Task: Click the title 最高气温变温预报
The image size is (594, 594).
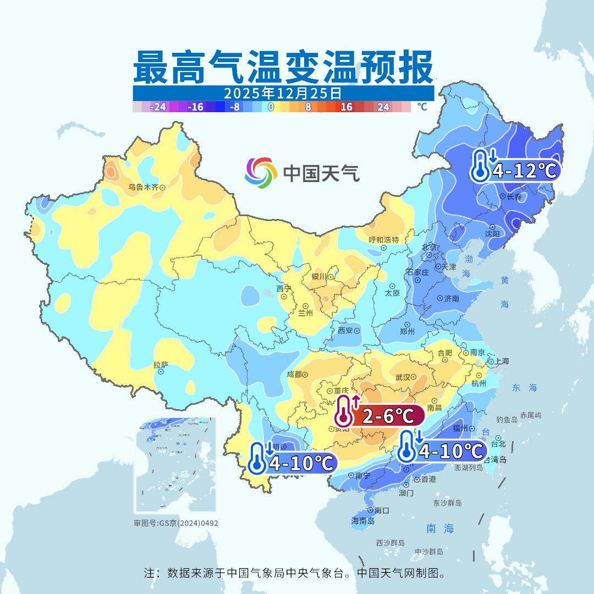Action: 283,68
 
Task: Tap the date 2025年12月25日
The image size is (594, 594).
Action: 283,93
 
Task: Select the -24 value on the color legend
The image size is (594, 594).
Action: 158,107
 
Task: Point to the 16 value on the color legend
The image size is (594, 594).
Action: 346,107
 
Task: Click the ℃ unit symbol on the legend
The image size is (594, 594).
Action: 421,107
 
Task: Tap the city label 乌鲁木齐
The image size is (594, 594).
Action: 143,188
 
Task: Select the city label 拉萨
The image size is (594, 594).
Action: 161,365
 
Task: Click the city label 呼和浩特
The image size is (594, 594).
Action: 384,240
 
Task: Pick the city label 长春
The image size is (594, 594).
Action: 514,196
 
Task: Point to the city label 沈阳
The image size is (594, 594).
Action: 492,233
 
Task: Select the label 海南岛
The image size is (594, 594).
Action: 362,521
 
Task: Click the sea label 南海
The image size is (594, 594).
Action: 440,529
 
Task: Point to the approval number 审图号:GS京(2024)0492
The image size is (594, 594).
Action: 176,523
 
